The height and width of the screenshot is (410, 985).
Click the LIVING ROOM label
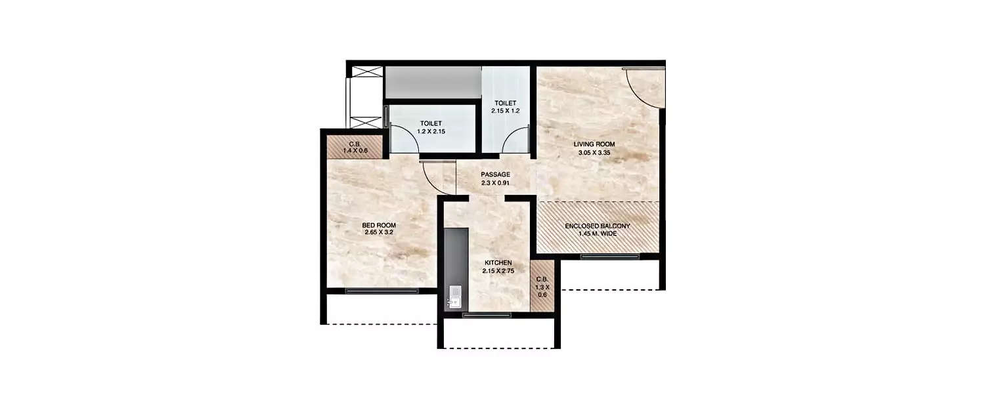594,144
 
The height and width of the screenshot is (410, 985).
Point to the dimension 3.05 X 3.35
594,152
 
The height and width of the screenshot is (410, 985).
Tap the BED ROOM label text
379,225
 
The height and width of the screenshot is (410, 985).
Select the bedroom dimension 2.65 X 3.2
379,232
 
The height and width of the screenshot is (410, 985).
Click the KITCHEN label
498,262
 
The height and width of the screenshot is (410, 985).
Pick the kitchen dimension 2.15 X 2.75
498,270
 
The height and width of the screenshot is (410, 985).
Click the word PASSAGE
495,174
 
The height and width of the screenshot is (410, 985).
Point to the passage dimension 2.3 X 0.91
495,182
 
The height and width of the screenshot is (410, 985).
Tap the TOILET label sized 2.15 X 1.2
505,103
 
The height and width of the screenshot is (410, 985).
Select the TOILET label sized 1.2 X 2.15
431,123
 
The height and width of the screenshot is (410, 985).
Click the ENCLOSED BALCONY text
598,226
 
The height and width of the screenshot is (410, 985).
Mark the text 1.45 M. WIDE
598,234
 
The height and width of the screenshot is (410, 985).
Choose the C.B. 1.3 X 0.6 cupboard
542,287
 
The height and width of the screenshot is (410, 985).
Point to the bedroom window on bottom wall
382,291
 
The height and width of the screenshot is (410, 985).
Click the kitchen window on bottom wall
487,316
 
